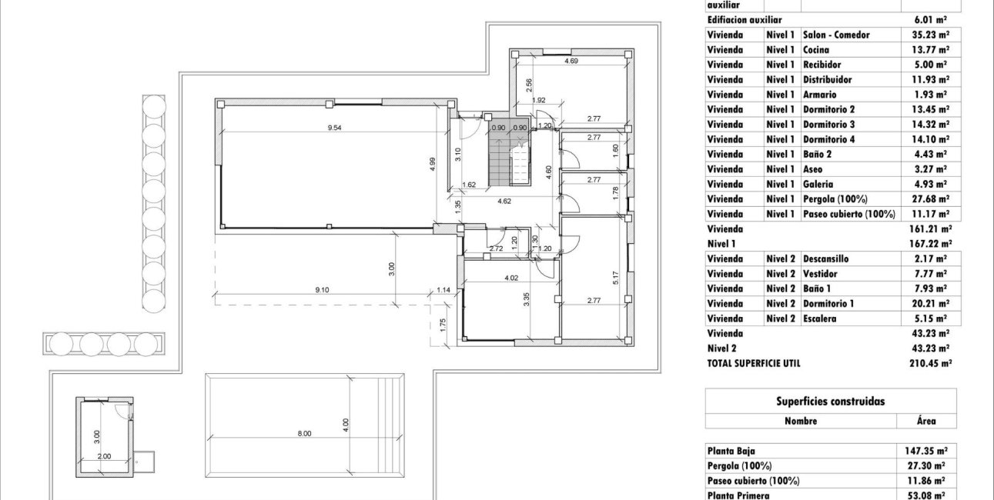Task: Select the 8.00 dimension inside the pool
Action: pyautogui.click(x=304, y=434)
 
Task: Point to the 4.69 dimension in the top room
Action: pyautogui.click(x=571, y=61)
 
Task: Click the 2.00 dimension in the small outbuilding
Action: pyautogui.click(x=104, y=456)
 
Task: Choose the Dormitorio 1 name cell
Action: pyautogui.click(x=828, y=303)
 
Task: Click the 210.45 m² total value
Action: pyautogui.click(x=930, y=363)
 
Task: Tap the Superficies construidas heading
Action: pyautogui.click(x=830, y=402)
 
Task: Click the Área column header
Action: pyautogui.click(x=926, y=421)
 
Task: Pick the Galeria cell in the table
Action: pyautogui.click(x=818, y=184)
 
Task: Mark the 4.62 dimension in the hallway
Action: pyautogui.click(x=504, y=201)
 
